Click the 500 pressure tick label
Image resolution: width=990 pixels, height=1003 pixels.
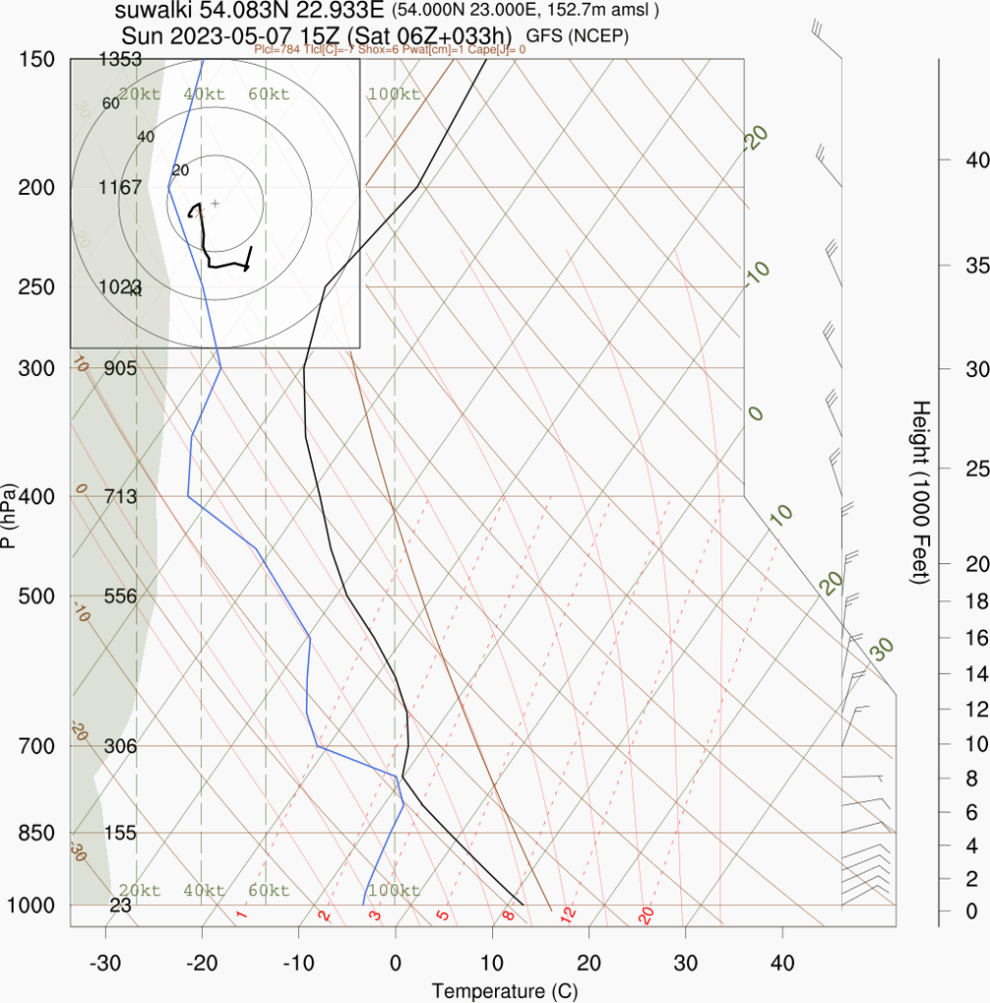click(x=37, y=597)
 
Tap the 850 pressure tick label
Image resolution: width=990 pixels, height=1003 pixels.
click(x=37, y=834)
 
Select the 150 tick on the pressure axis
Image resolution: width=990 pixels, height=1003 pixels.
click(x=37, y=60)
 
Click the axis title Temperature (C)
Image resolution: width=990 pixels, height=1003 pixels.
click(x=505, y=990)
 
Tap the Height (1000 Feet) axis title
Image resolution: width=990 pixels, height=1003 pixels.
click(x=919, y=493)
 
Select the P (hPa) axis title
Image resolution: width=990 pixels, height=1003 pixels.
click(x=9, y=516)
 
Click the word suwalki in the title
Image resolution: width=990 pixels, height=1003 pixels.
click(x=155, y=12)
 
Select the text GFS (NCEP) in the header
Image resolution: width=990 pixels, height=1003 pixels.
click(x=577, y=36)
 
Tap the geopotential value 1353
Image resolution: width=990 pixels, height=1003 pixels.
click(x=121, y=60)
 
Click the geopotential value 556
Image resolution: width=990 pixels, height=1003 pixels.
click(x=122, y=597)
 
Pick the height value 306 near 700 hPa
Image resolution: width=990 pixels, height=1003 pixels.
click(x=121, y=746)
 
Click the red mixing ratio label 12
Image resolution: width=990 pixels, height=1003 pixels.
click(x=567, y=915)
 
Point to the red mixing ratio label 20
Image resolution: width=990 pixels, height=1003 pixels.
click(x=646, y=915)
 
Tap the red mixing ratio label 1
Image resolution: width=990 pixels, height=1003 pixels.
click(x=241, y=915)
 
